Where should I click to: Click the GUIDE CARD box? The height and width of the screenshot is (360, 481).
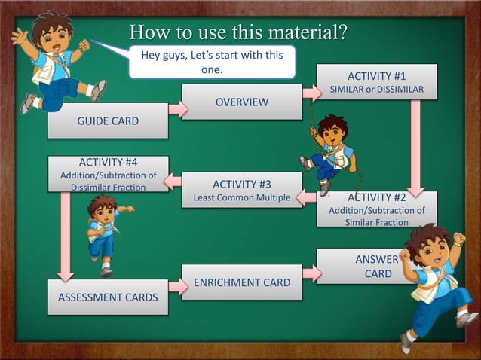[x=108, y=121]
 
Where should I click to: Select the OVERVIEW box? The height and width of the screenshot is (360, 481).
[x=241, y=102]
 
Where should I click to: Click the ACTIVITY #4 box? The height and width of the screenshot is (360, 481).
[x=108, y=174]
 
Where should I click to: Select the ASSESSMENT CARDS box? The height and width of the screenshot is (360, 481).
[x=108, y=297]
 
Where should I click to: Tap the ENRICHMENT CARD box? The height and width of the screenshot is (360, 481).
[x=241, y=282]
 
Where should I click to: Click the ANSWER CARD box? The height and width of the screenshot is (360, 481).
[x=376, y=267]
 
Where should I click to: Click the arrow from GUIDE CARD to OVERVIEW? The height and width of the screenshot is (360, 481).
[x=177, y=110]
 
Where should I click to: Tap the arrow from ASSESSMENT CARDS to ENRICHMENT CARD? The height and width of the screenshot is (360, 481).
[x=177, y=285]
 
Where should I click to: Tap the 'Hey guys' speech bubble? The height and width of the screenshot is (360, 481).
[x=212, y=61]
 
